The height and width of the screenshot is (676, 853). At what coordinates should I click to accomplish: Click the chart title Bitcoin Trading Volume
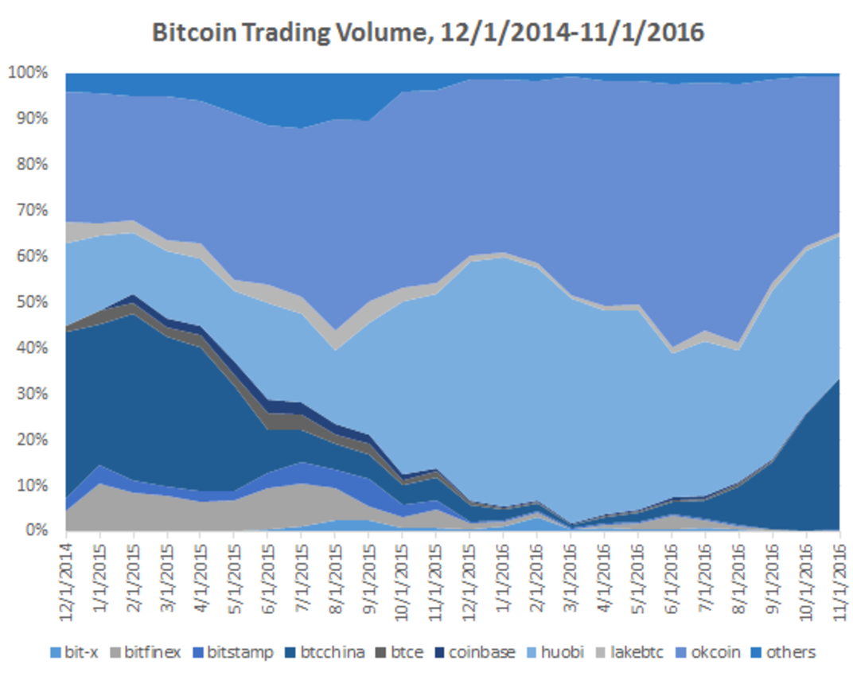427,33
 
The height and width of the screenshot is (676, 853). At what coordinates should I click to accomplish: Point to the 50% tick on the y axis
31,302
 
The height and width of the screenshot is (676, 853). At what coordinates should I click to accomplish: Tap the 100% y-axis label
29,73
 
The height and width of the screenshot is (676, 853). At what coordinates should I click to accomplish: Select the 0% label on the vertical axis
35,530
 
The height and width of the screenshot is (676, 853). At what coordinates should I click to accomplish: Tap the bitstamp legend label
238,652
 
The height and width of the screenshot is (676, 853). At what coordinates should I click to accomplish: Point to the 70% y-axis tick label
31,211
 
